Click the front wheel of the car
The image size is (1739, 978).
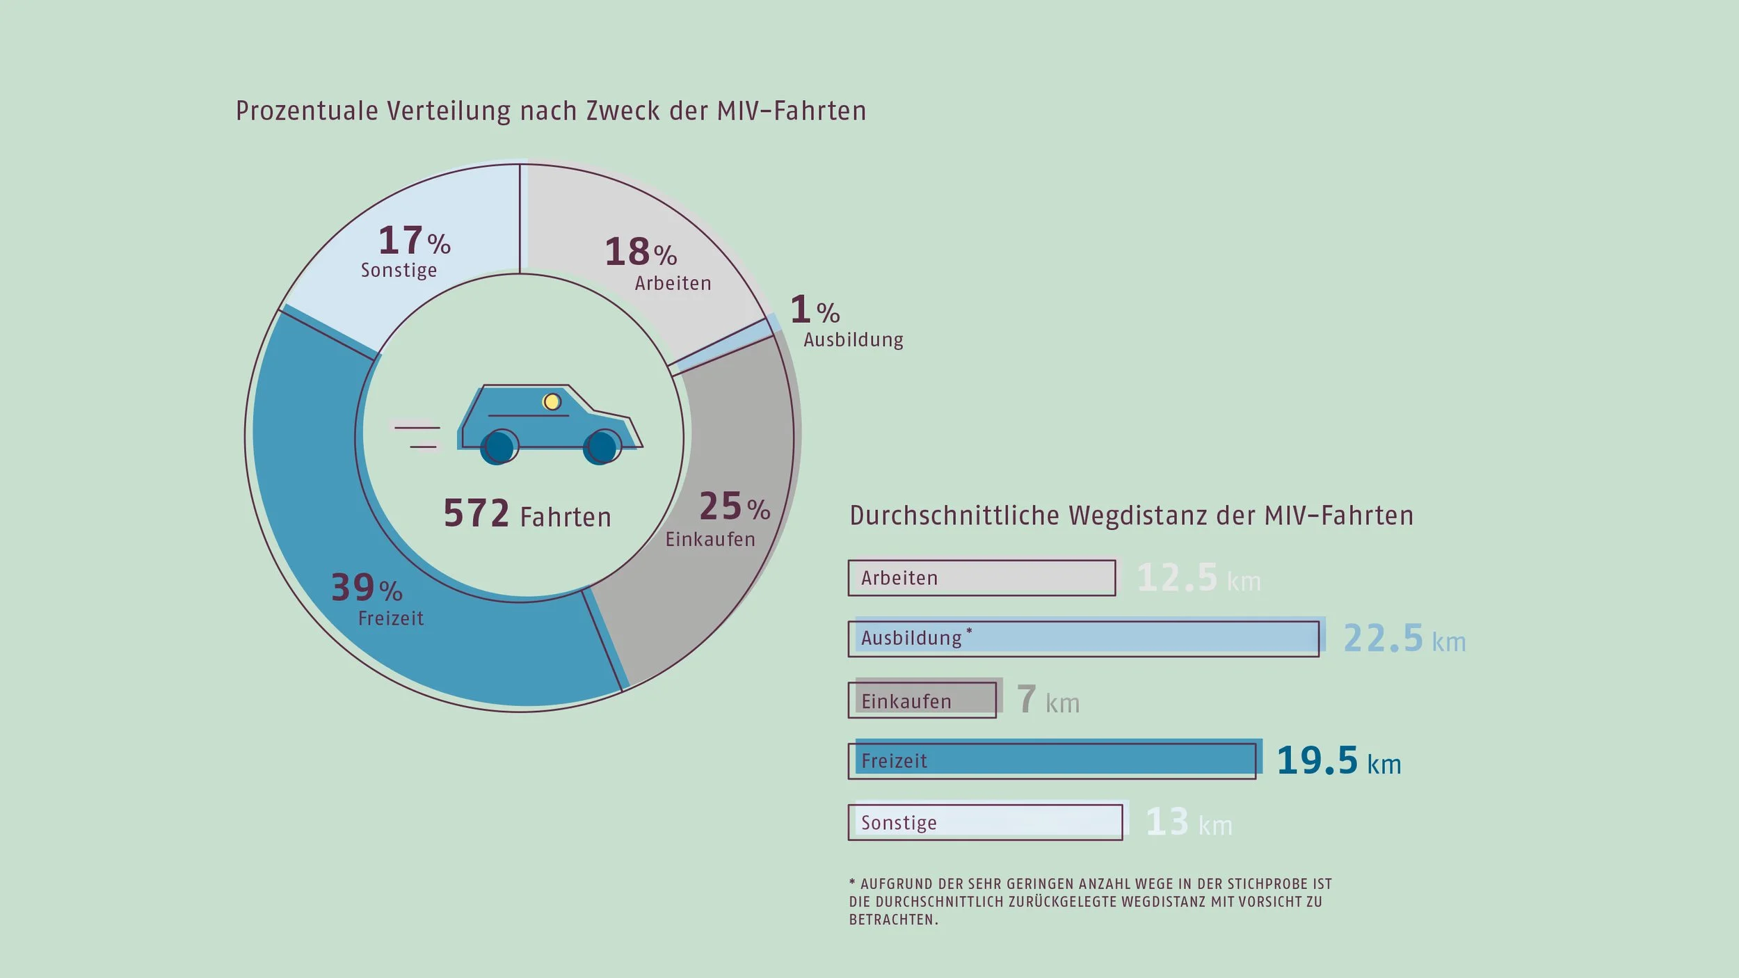click(x=602, y=447)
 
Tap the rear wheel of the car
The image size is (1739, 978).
click(x=499, y=447)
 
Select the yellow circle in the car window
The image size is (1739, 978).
click(x=552, y=401)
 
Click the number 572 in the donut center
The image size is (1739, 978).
click(x=476, y=514)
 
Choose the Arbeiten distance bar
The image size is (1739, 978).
click(x=981, y=578)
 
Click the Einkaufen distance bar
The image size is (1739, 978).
click(x=922, y=700)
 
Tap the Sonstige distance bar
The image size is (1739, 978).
click(x=985, y=822)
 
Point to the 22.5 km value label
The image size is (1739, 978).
click(x=1404, y=639)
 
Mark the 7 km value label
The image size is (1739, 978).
click(x=1048, y=700)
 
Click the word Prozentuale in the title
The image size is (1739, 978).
click(x=306, y=111)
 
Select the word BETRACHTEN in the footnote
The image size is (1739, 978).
click(x=892, y=920)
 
